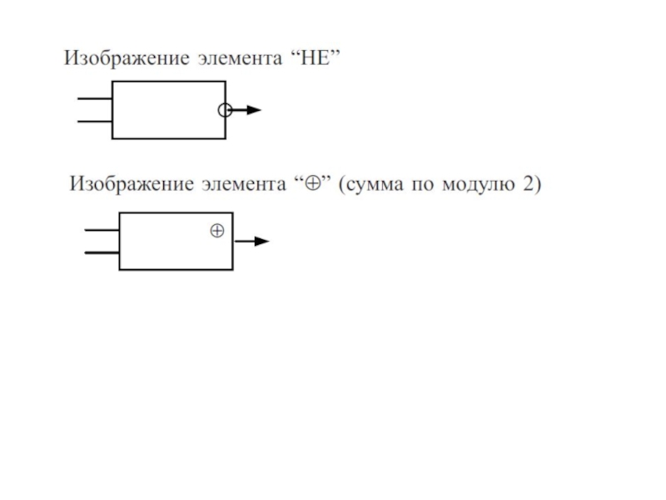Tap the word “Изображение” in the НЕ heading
pyautogui.click(x=127, y=59)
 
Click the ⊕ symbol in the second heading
pyautogui.click(x=315, y=183)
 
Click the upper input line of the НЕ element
pyautogui.click(x=94, y=98)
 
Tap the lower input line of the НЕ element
pyautogui.click(x=94, y=121)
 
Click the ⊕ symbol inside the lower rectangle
pyautogui.click(x=216, y=231)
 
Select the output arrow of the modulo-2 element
pyautogui.click(x=253, y=241)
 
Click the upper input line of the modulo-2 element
pyautogui.click(x=102, y=229)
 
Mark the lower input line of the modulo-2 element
pyautogui.click(x=102, y=252)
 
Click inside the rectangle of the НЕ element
pyautogui.click(x=166, y=110)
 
